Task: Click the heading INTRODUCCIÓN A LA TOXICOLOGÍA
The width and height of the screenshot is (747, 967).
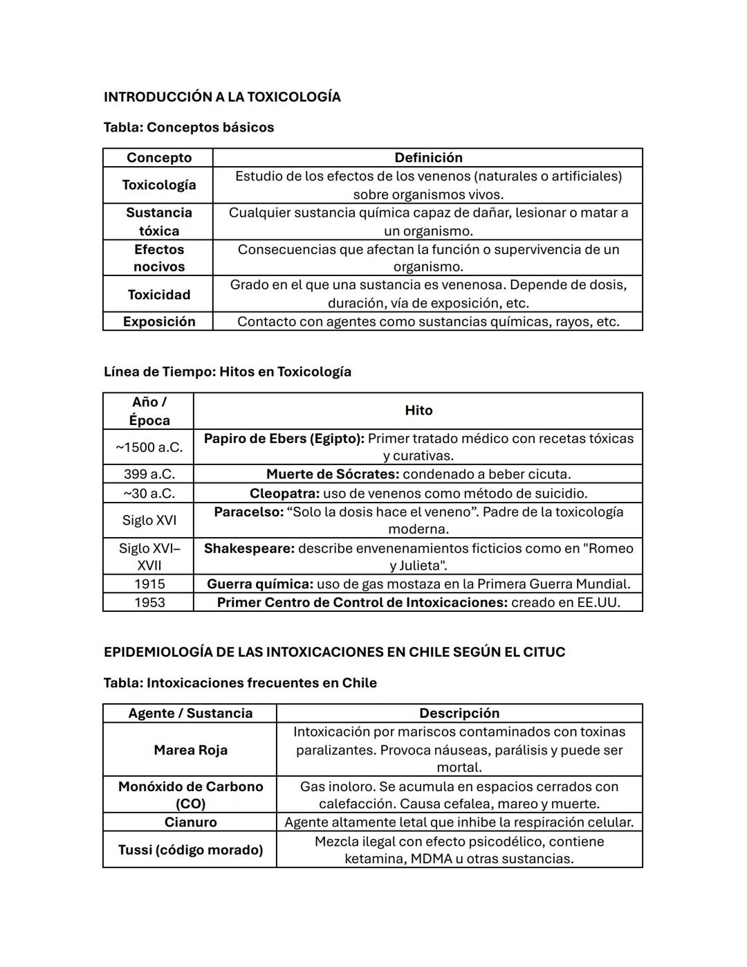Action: [222, 97]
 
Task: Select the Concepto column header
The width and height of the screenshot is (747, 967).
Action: [158, 158]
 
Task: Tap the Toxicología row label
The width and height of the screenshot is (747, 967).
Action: [158, 185]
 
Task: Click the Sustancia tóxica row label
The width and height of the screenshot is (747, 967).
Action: [158, 222]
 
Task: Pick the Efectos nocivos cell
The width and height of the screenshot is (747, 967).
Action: [158, 258]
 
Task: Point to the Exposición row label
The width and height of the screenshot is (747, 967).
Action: [158, 322]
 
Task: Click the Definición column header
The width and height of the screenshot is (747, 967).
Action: [427, 158]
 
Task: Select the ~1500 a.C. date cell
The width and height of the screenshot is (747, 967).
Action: [149, 447]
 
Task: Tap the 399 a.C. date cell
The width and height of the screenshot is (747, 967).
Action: [149, 474]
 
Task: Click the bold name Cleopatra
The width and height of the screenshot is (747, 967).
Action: [284, 494]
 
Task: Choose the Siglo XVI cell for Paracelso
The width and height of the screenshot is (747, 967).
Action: [149, 521]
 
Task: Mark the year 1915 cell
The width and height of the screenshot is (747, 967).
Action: [149, 584]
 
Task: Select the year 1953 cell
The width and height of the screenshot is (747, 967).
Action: [149, 603]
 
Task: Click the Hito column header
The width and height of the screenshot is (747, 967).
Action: [418, 410]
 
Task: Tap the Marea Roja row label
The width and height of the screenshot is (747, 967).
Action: [190, 750]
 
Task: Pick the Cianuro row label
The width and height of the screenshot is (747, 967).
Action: [190, 822]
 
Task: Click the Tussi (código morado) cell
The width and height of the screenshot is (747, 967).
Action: [190, 850]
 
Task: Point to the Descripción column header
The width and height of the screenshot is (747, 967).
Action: [459, 714]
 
